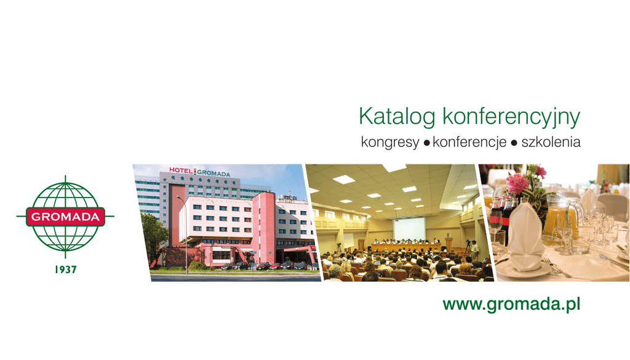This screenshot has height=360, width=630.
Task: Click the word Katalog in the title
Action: [397, 117]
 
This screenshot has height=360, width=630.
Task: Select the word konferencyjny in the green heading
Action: [511, 117]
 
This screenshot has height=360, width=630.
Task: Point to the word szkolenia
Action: [551, 142]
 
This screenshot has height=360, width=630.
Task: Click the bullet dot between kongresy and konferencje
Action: [426, 143]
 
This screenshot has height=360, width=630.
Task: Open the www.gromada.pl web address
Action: [511, 304]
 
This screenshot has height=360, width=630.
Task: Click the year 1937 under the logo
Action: [65, 270]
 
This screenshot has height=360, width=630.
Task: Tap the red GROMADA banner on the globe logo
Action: [65, 217]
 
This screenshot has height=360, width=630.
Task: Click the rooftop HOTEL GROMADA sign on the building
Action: [200, 172]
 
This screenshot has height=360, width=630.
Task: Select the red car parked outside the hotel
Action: [275, 266]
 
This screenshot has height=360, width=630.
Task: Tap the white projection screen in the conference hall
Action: [409, 228]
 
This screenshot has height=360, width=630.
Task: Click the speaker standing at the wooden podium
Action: [448, 238]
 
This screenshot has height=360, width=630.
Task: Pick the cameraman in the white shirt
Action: [474, 250]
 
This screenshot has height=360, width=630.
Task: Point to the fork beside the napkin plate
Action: [556, 266]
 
